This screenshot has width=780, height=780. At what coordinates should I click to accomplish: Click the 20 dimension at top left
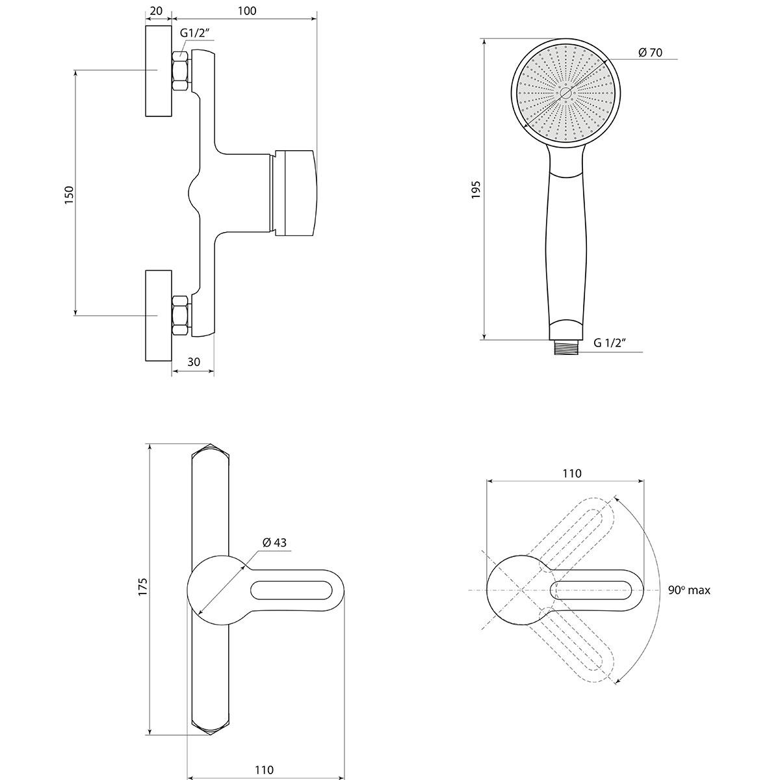tap(156, 11)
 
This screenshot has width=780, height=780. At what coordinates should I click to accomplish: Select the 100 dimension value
tap(246, 11)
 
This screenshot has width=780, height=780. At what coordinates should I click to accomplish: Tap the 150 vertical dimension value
tap(70, 195)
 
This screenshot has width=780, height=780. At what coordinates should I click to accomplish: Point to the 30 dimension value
tap(194, 362)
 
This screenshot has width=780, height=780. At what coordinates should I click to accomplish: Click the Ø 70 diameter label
tap(650, 53)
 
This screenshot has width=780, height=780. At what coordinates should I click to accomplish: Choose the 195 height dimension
tap(476, 189)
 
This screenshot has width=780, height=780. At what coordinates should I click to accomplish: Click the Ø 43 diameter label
tap(274, 542)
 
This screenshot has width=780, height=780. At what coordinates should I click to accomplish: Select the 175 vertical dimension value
tap(143, 586)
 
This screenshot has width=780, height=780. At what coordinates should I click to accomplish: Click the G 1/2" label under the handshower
tap(610, 343)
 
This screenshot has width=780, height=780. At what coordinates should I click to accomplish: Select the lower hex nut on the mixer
tap(180, 315)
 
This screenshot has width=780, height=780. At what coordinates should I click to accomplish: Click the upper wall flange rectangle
tap(159, 71)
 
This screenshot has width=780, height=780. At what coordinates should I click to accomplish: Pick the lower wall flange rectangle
tap(159, 315)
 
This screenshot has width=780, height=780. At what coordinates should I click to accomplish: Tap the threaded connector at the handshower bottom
tap(566, 348)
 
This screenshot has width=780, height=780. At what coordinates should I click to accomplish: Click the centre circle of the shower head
tap(565, 93)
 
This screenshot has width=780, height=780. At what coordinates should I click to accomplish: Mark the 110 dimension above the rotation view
tap(572, 473)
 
